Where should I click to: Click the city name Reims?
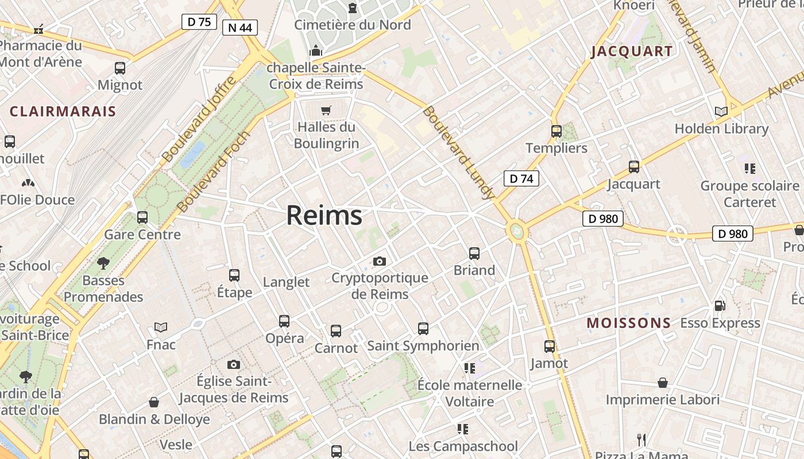click(324, 216)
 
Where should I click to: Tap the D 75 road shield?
click(199, 22)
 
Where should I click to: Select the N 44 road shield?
click(240, 27)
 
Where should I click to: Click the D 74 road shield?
click(521, 178)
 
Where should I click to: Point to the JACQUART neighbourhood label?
click(632, 51)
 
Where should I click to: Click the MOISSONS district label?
click(629, 323)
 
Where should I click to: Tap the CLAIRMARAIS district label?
click(63, 111)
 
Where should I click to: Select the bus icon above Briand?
click(474, 253)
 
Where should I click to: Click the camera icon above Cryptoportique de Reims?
click(380, 261)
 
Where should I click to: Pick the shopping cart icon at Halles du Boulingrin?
click(326, 110)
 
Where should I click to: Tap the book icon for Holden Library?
click(721, 111)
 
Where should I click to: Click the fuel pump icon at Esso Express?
click(720, 306)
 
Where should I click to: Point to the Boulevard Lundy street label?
click(459, 153)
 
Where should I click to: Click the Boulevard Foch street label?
click(214, 172)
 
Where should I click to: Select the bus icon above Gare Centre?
click(142, 217)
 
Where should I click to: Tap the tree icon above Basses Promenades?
click(103, 263)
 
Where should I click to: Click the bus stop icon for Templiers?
click(556, 131)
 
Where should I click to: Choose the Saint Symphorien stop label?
click(423, 346)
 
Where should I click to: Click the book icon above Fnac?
click(161, 327)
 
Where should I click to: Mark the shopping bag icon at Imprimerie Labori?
click(663, 383)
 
